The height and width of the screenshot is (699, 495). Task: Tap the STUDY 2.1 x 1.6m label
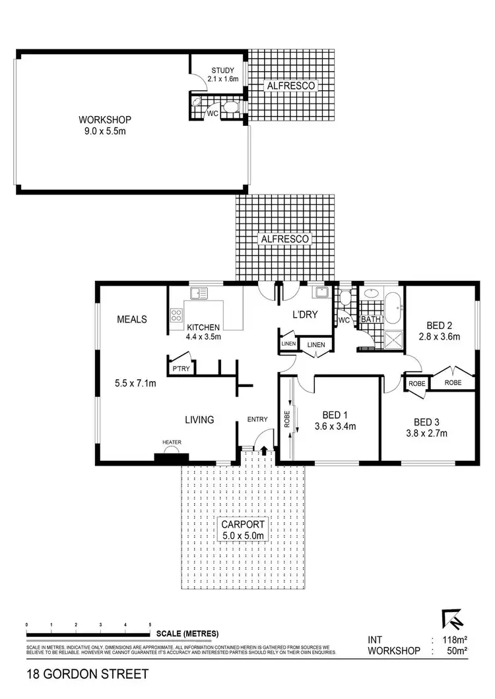click(x=222, y=71)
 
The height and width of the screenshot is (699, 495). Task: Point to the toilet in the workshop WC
click(x=228, y=107)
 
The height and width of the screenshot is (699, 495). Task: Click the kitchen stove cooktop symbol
click(x=177, y=315)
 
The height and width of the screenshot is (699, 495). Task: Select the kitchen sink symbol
click(x=199, y=293)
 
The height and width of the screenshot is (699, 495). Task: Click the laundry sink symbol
click(x=321, y=293)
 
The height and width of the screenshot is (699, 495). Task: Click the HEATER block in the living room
click(x=171, y=456)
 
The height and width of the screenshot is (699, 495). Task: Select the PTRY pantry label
click(x=181, y=369)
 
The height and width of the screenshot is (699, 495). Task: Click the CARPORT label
click(x=244, y=525)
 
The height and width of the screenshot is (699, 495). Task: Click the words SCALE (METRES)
click(x=187, y=634)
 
